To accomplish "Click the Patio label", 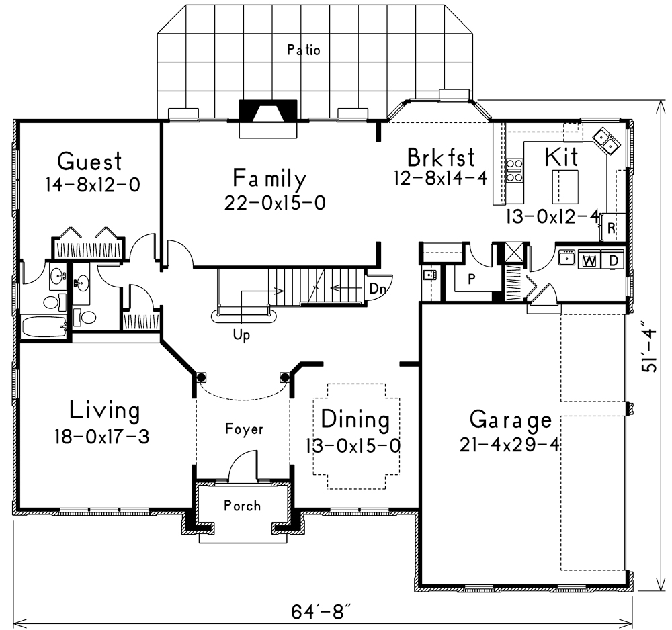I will (x=304, y=50).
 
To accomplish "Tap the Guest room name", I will (x=89, y=162).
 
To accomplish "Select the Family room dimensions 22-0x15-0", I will (x=275, y=202).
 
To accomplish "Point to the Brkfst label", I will (x=441, y=158).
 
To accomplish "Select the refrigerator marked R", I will (x=611, y=227).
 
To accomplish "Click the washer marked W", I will (x=589, y=260).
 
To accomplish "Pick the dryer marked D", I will (x=614, y=260).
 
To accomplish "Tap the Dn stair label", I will (x=377, y=288).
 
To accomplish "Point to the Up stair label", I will (x=241, y=336).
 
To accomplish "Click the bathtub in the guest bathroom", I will (x=44, y=327).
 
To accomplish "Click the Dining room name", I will (x=355, y=420).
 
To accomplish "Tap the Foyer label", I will (x=245, y=429).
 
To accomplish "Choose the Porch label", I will (x=243, y=505).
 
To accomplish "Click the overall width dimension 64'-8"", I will (x=322, y=613).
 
